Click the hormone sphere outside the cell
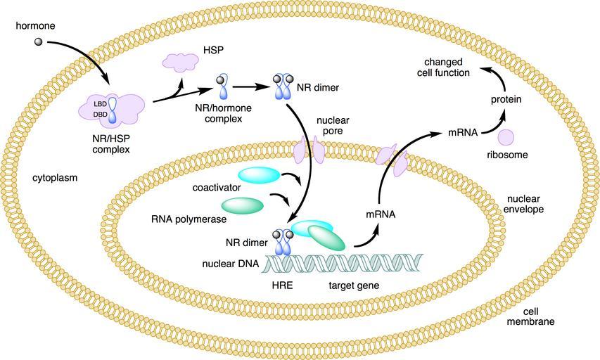(x=39, y=42)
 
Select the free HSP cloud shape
(x=181, y=63)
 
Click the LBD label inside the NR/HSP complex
(x=100, y=103)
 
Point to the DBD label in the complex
(x=100, y=114)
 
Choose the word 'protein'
(x=506, y=100)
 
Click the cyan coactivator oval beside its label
(x=258, y=174)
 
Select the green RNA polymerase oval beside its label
(x=243, y=205)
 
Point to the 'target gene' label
(x=354, y=286)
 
